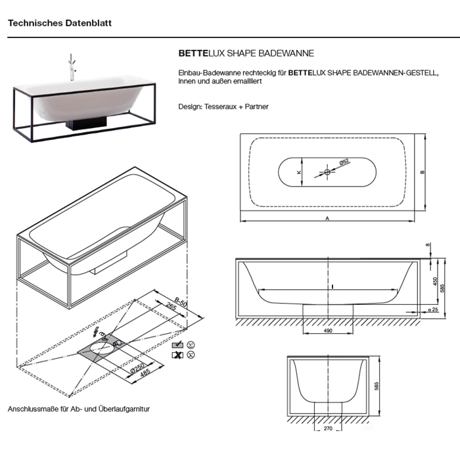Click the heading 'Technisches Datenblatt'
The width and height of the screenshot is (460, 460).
60,22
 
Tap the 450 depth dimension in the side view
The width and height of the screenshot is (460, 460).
434,281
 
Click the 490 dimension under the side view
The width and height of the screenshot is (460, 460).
327,331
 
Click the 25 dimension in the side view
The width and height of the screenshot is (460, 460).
434,309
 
